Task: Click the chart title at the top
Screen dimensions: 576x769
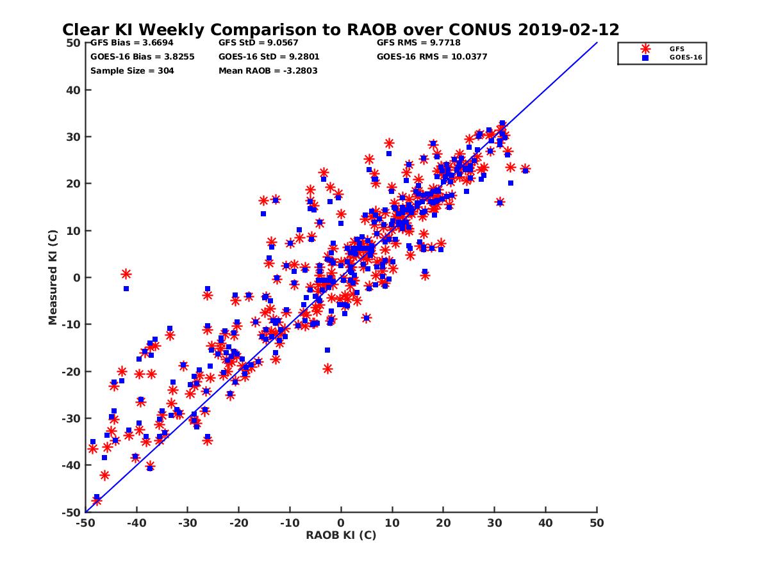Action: pos(340,29)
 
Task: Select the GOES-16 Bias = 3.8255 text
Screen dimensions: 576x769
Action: pos(142,56)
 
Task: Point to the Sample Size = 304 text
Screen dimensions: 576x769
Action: pos(132,70)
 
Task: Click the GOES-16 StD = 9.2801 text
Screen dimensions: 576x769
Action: pos(269,56)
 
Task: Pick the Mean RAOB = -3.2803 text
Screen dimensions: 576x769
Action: pos(268,70)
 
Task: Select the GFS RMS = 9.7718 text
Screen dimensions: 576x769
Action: pos(418,43)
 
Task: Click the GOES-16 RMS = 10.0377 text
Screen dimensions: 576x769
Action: pos(432,56)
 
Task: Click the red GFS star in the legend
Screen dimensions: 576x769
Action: pos(645,49)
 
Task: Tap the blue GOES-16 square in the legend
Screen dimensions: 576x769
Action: pos(645,58)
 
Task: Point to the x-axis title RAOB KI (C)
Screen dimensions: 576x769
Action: pos(341,535)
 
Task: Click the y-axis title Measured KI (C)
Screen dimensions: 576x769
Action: pos(53,278)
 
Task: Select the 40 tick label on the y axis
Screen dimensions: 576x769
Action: pos(74,90)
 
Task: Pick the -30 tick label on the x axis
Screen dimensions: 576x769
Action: pos(187,523)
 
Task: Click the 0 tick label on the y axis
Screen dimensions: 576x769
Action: pos(77,278)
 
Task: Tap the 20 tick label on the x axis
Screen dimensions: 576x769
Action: pos(443,523)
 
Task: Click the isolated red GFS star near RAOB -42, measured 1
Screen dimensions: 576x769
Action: pos(126,274)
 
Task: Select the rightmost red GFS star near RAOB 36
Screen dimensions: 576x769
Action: pos(525,169)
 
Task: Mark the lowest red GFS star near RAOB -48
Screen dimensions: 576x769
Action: pos(96,500)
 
